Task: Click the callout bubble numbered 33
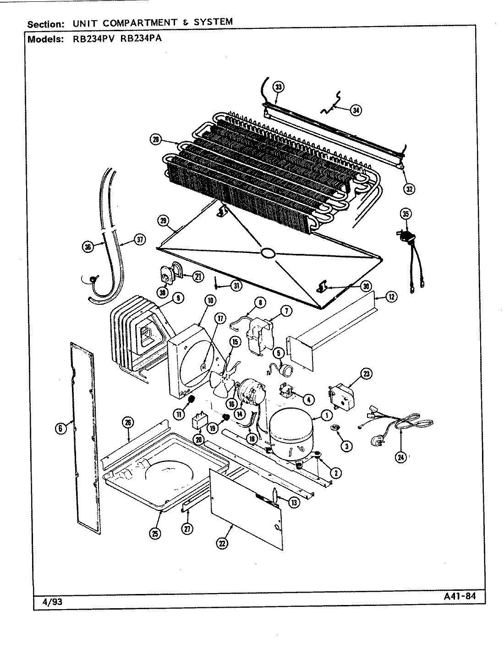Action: coord(278,87)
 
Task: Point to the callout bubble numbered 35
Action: coord(405,214)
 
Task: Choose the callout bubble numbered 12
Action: coord(391,297)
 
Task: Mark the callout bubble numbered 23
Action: coord(367,374)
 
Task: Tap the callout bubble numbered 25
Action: coord(155,533)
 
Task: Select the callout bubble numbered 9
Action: coord(177,298)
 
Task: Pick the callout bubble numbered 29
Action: coord(163,220)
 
